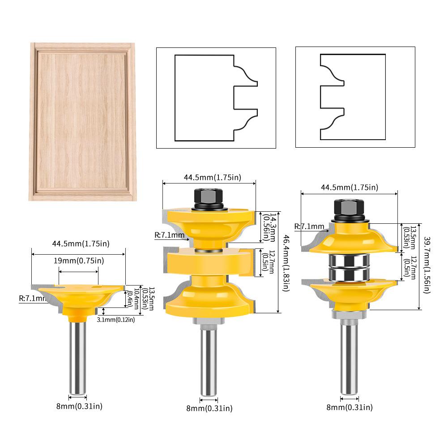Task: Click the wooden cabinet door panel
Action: tap(82, 121)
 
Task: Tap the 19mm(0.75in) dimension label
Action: tap(79, 260)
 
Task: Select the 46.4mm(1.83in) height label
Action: tap(286, 263)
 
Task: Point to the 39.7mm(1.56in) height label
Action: tap(427, 265)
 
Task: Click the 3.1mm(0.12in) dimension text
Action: tap(116, 320)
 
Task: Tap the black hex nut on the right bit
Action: tap(349, 210)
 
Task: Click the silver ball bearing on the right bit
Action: tap(349, 267)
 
